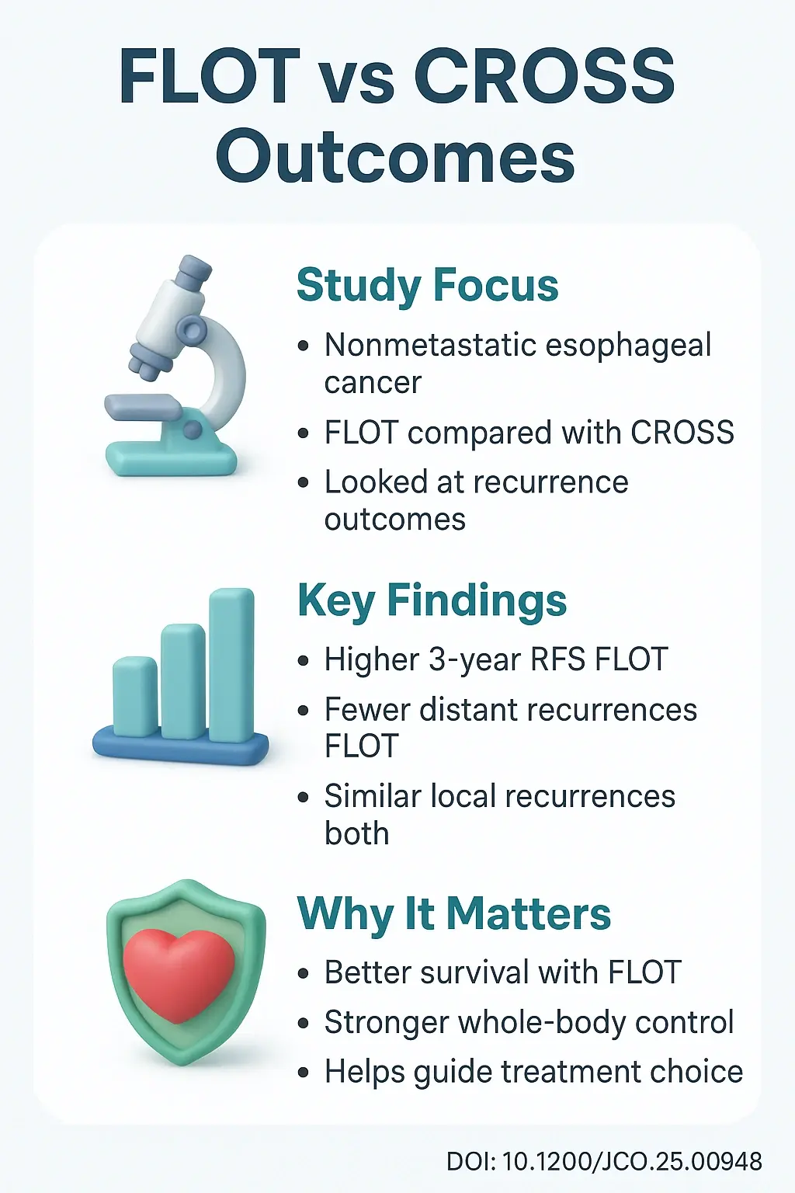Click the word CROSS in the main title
pos(543,76)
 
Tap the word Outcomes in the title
pos(396,157)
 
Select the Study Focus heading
pos(427,285)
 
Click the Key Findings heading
pos(432,600)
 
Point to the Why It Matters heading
pos(454,913)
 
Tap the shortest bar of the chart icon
pos(135,696)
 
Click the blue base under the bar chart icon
pos(180,747)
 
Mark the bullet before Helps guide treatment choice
pos(304,1073)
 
